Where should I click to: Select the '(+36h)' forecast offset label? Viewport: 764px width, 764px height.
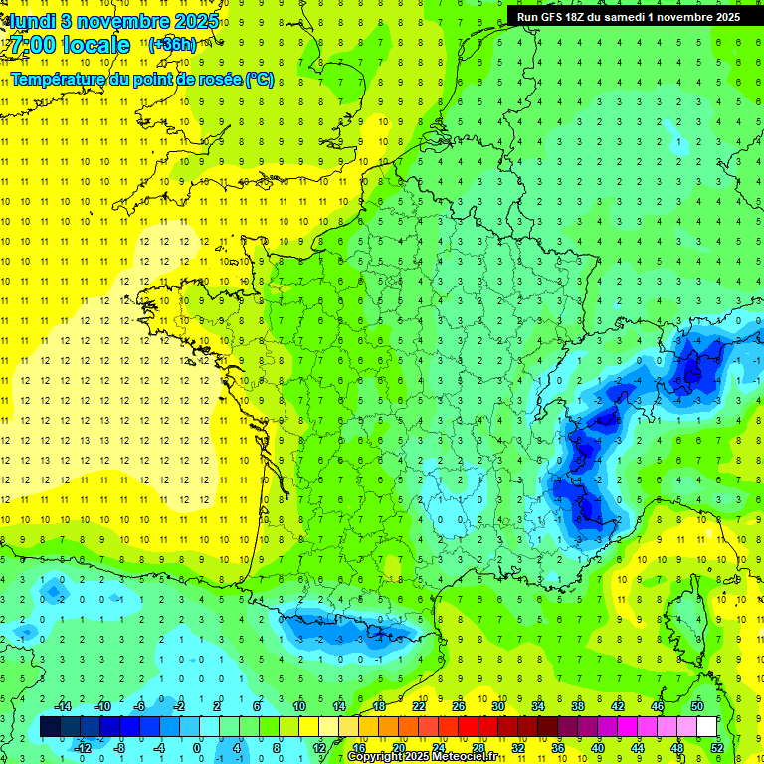tap(172, 45)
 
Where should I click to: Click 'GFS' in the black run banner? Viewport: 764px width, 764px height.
tap(557, 17)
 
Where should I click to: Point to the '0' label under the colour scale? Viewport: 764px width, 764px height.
tap(197, 747)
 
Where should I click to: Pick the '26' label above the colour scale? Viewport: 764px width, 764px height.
tap(459, 706)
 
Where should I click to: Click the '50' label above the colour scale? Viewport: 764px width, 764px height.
tap(697, 706)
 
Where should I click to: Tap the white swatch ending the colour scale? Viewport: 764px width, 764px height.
tap(707, 727)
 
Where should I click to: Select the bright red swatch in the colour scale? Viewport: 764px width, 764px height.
tap(469, 727)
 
